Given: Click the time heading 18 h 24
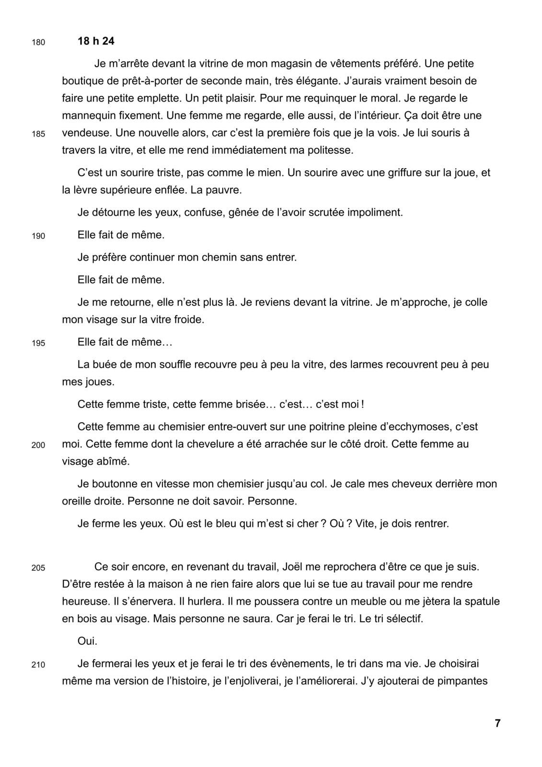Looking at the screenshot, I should click(96, 41).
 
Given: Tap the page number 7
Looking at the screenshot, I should click(497, 723).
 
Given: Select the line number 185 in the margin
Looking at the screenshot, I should click(38, 134).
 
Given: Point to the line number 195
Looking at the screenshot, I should click(38, 343).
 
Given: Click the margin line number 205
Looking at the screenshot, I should click(38, 568).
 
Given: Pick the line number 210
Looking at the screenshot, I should click(38, 665).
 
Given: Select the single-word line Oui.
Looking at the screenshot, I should click(87, 641).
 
